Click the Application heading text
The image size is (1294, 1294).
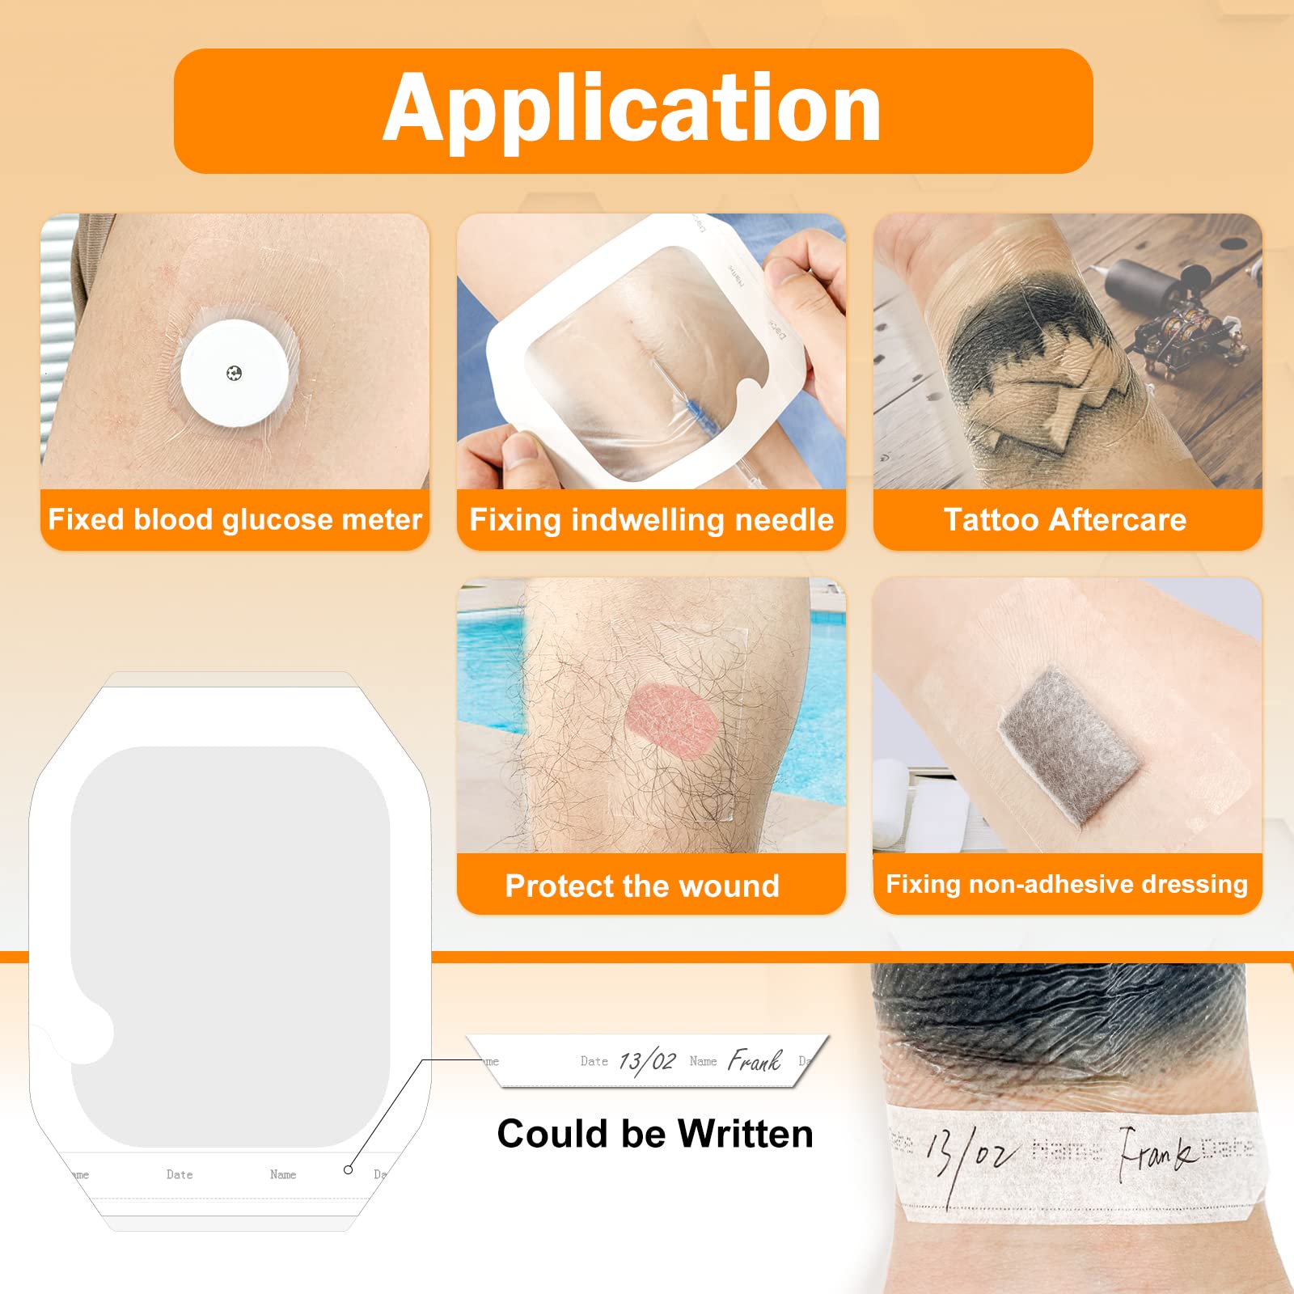pyautogui.click(x=632, y=109)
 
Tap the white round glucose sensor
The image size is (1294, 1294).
pyautogui.click(x=235, y=374)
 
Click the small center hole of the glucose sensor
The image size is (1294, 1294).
pyautogui.click(x=235, y=373)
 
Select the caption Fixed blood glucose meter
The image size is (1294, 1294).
pyautogui.click(x=235, y=519)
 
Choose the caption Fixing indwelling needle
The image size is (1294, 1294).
pyautogui.click(x=651, y=519)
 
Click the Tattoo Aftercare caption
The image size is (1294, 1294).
pyautogui.click(x=1065, y=519)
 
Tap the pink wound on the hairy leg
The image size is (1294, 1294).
pyautogui.click(x=670, y=721)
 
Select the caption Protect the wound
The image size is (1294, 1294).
pyautogui.click(x=642, y=886)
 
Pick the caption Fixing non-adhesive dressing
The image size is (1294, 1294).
pyautogui.click(x=1067, y=884)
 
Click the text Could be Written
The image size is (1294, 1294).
pyautogui.click(x=655, y=1134)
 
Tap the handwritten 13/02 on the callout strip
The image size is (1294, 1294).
pyautogui.click(x=646, y=1061)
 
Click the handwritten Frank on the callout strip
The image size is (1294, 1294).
pyautogui.click(x=755, y=1060)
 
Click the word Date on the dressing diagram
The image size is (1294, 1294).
pyautogui.click(x=180, y=1174)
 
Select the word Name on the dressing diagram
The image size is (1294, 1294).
pyautogui.click(x=283, y=1174)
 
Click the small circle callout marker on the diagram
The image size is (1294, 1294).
pyautogui.click(x=348, y=1169)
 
